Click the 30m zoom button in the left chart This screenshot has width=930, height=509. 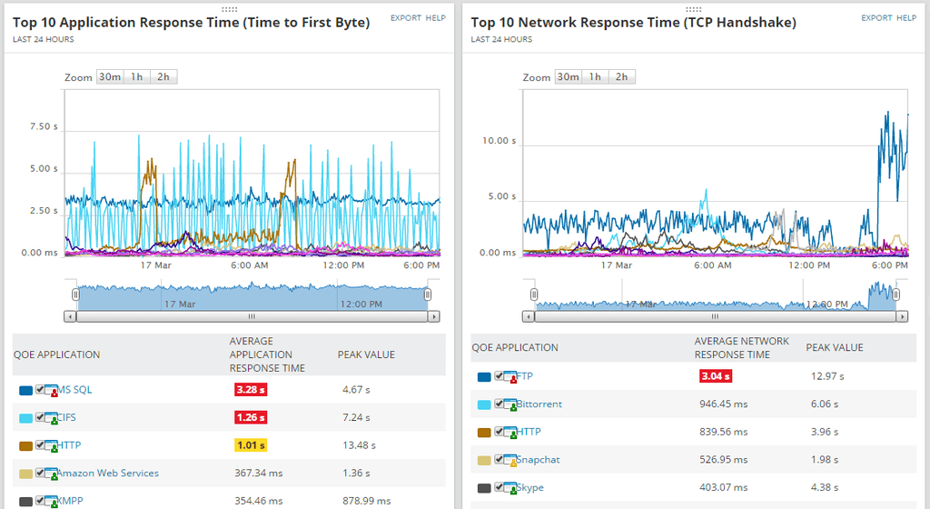click(x=110, y=77)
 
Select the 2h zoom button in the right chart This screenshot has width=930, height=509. click(x=621, y=77)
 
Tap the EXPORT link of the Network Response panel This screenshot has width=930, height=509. click(x=876, y=18)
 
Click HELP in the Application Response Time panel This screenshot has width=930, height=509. click(x=436, y=18)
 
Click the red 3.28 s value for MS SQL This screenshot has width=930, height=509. click(x=251, y=390)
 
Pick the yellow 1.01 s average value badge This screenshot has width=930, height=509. click(x=251, y=445)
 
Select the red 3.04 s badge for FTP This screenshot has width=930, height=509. click(x=716, y=376)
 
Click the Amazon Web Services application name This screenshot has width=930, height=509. click(x=108, y=474)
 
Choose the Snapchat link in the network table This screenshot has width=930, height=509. click(x=538, y=460)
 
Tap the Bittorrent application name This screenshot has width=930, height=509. click(x=539, y=404)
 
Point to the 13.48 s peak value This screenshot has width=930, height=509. click(x=355, y=445)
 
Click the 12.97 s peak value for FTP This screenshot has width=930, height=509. click(x=827, y=376)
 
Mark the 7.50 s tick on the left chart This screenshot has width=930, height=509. click(x=44, y=127)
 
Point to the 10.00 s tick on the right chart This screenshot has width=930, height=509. click(x=499, y=141)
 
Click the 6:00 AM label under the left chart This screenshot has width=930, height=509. click(x=249, y=266)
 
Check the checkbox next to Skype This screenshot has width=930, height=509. click(x=500, y=487)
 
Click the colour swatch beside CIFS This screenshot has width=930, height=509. click(x=25, y=418)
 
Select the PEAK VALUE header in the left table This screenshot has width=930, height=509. click(x=366, y=354)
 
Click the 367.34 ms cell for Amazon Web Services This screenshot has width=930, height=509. click(x=257, y=474)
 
